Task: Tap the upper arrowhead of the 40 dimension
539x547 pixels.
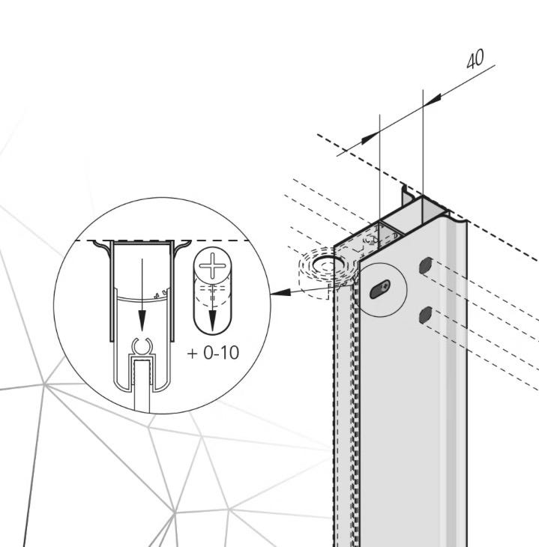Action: click(433, 99)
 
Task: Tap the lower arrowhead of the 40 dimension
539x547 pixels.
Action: click(370, 138)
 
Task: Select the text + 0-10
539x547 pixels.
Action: click(213, 353)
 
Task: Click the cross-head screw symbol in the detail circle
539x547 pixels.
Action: click(212, 266)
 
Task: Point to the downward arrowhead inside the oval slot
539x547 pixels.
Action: click(212, 321)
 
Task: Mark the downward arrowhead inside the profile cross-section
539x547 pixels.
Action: click(142, 321)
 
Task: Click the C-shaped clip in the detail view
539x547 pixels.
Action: click(142, 346)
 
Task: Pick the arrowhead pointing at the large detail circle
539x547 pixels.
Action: click(280, 292)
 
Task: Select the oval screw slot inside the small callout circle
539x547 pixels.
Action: click(380, 289)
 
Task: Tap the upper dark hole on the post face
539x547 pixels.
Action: click(426, 265)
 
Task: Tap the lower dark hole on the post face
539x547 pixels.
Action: click(425, 315)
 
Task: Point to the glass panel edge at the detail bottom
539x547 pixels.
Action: click(142, 387)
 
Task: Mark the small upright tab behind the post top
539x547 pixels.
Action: click(407, 195)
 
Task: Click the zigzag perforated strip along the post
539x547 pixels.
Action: click(355, 411)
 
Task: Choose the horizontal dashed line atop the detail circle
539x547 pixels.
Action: click(163, 241)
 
